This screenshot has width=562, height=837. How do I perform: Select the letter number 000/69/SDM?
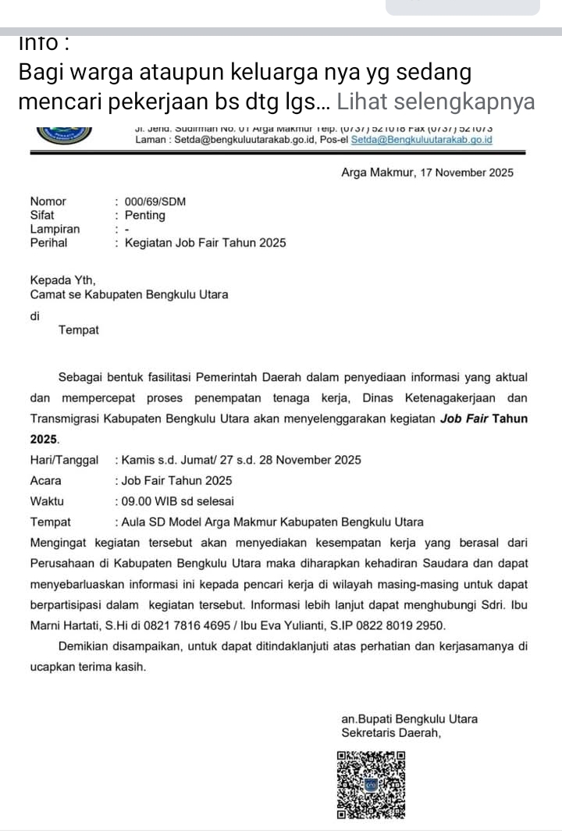(155, 201)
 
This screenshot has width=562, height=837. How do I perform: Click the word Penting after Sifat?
(145, 215)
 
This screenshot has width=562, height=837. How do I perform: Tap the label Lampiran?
(55, 229)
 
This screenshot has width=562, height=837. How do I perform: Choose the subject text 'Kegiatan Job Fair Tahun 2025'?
(205, 243)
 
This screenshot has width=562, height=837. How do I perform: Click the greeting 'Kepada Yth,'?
(62, 280)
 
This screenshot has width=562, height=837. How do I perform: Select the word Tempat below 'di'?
(79, 330)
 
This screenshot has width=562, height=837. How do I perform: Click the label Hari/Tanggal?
(64, 460)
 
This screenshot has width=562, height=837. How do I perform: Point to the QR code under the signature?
(372, 785)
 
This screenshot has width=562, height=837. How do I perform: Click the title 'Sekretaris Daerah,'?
(392, 733)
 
